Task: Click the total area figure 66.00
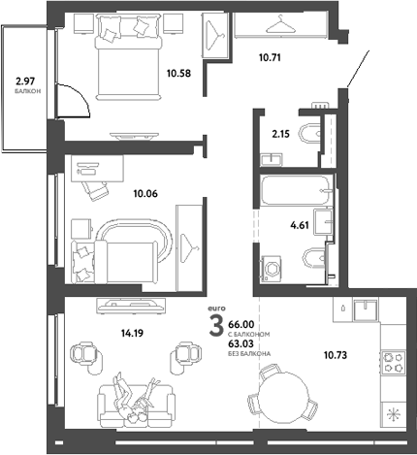click(240, 326)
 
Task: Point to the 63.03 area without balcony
click(240, 342)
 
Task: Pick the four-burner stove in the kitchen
click(395, 363)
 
